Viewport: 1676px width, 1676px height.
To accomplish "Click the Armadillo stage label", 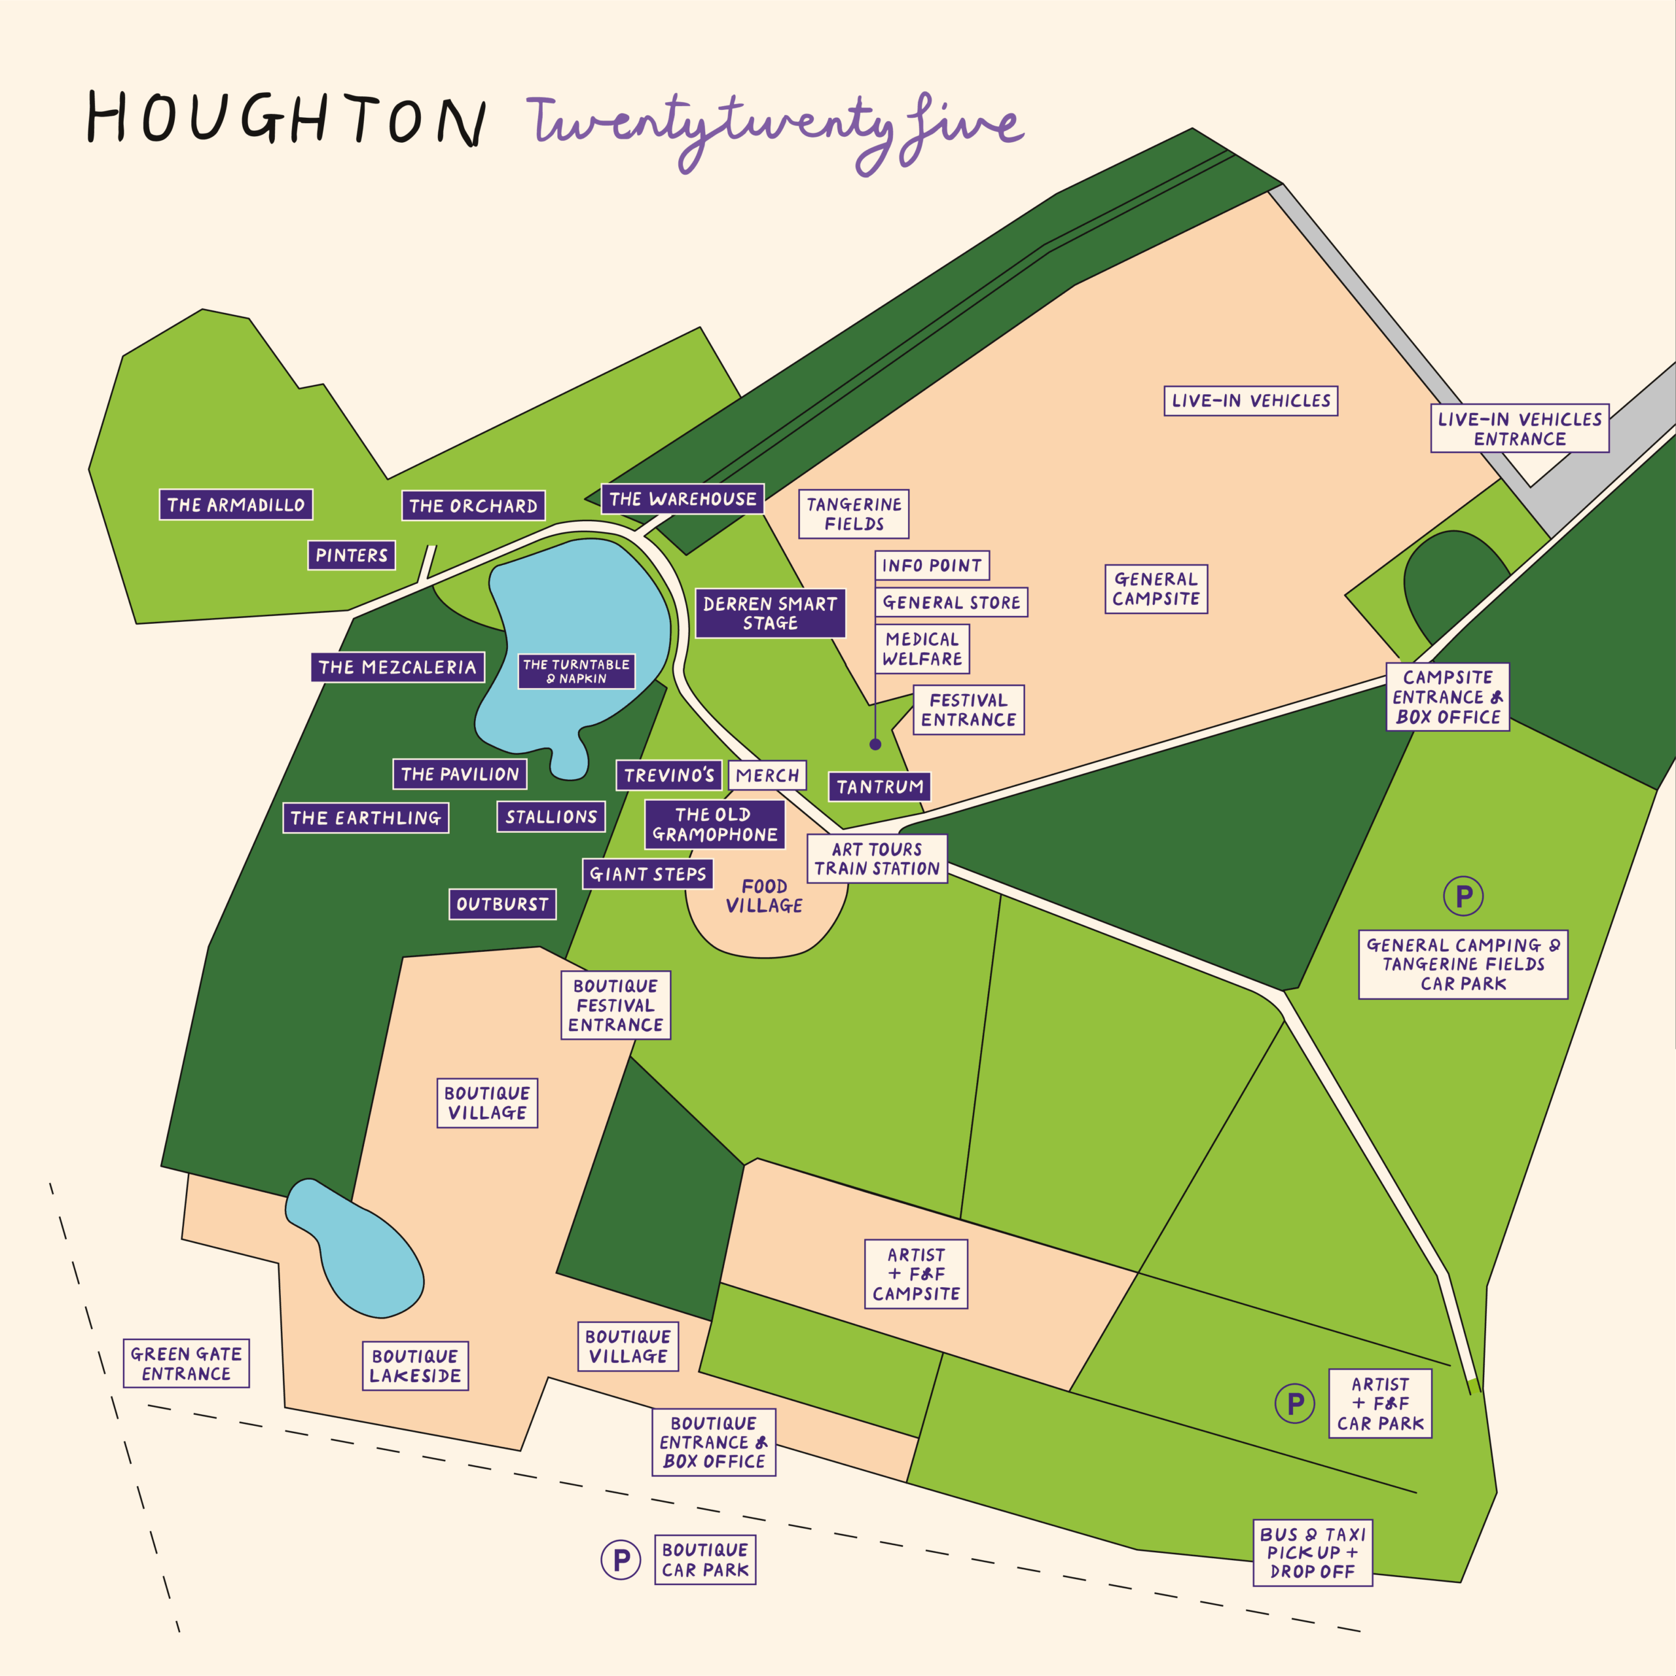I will pyautogui.click(x=236, y=505).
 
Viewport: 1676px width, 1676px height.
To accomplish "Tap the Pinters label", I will pyautogui.click(x=352, y=555).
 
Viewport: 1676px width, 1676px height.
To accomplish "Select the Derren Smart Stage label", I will pyautogui.click(x=771, y=613).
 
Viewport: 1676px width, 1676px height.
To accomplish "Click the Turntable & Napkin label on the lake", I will pyautogui.click(x=576, y=672).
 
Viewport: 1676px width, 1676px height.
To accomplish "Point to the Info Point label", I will pyautogui.click(x=932, y=566).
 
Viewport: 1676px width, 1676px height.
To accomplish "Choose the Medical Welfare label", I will pyautogui.click(x=922, y=649).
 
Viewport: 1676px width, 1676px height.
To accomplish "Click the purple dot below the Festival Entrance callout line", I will pyautogui.click(x=875, y=744).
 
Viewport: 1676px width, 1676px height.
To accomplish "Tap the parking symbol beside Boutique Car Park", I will pyautogui.click(x=621, y=1559).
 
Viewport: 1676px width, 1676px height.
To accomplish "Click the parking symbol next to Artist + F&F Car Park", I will pyautogui.click(x=1294, y=1403).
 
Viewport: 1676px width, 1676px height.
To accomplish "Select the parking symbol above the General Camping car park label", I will pyautogui.click(x=1463, y=896).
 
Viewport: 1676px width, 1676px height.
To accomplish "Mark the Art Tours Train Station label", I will pyautogui.click(x=877, y=859).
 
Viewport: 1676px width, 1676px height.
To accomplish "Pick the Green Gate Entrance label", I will pyautogui.click(x=187, y=1364).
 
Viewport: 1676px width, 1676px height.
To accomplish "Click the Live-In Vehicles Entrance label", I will pyautogui.click(x=1520, y=429).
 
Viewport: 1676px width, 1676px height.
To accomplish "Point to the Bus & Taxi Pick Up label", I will pyautogui.click(x=1313, y=1553).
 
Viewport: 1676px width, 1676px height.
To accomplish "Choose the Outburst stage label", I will pyautogui.click(x=502, y=904).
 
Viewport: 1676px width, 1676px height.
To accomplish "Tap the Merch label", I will pyautogui.click(x=768, y=776).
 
